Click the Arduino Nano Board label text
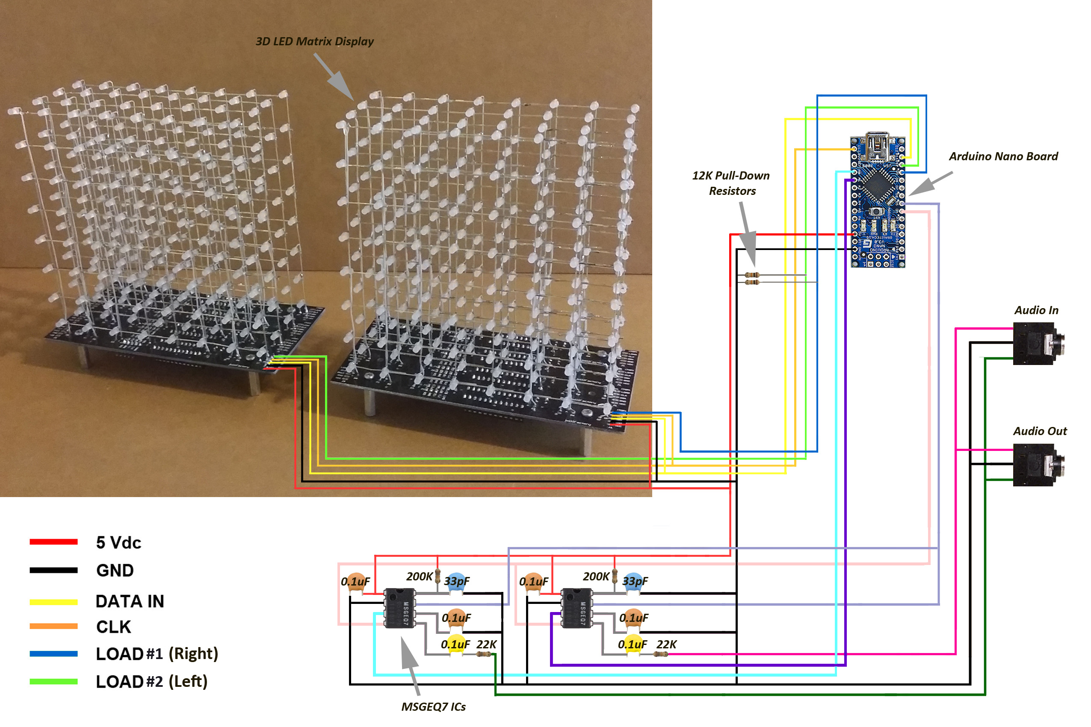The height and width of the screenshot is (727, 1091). [x=1003, y=156]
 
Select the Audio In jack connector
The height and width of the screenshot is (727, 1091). [x=1037, y=344]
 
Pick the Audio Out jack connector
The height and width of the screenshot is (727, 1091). [x=1037, y=465]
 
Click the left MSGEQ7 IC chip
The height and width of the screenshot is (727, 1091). [x=399, y=608]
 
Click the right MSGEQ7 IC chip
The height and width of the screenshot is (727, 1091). [x=577, y=608]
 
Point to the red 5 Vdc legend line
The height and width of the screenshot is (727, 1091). [x=53, y=542]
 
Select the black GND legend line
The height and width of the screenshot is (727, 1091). [x=53, y=570]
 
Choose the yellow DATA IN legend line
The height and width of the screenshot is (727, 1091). [x=53, y=602]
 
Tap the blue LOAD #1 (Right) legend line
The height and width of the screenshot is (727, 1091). [x=53, y=654]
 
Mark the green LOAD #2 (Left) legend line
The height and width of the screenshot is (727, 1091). [x=53, y=682]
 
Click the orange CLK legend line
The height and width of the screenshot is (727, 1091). [x=53, y=627]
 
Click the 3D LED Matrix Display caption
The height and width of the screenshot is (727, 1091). [x=314, y=41]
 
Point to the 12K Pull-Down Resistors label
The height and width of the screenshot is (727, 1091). [x=731, y=183]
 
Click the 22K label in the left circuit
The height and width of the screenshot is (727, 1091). [x=486, y=645]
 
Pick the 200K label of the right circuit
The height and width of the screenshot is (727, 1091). [x=596, y=576]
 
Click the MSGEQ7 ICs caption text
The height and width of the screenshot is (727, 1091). [x=433, y=706]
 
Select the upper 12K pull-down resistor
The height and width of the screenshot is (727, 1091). [x=752, y=275]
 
